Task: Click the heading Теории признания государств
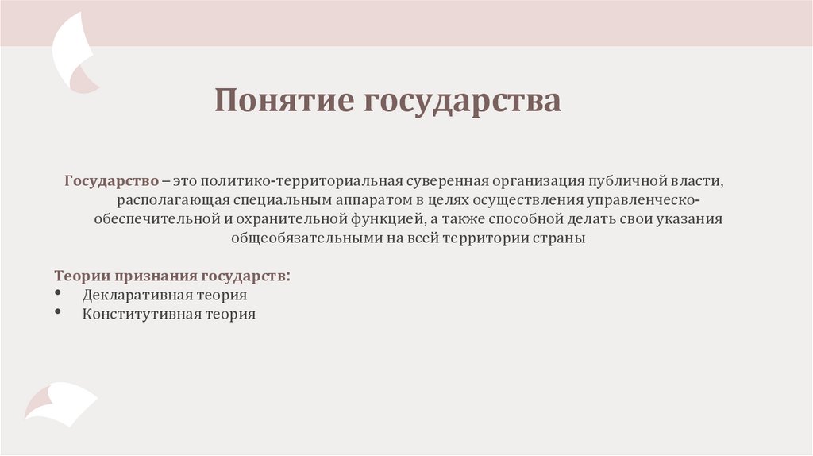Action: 171,276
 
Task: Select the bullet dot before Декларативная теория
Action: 60,294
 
